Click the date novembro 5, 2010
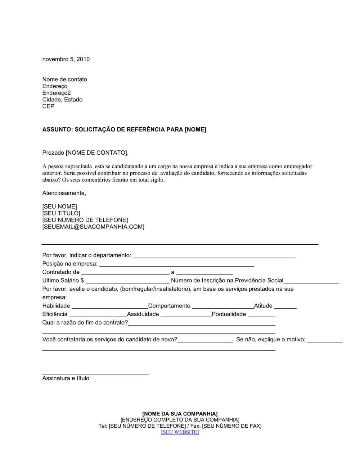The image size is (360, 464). (66, 59)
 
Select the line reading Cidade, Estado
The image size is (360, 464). (62, 100)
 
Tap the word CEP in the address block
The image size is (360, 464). (48, 106)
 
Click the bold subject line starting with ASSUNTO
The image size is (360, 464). (124, 129)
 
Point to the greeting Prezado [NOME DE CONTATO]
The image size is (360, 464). (85, 153)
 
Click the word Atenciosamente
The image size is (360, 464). (64, 193)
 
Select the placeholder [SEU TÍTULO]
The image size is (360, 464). (61, 213)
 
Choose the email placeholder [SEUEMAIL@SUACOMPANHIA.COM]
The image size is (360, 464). (93, 227)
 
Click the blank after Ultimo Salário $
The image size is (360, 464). (127, 282)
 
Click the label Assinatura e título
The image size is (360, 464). (66, 378)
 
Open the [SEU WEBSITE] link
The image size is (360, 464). (180, 432)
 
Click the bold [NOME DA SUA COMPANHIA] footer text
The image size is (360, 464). (180, 414)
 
